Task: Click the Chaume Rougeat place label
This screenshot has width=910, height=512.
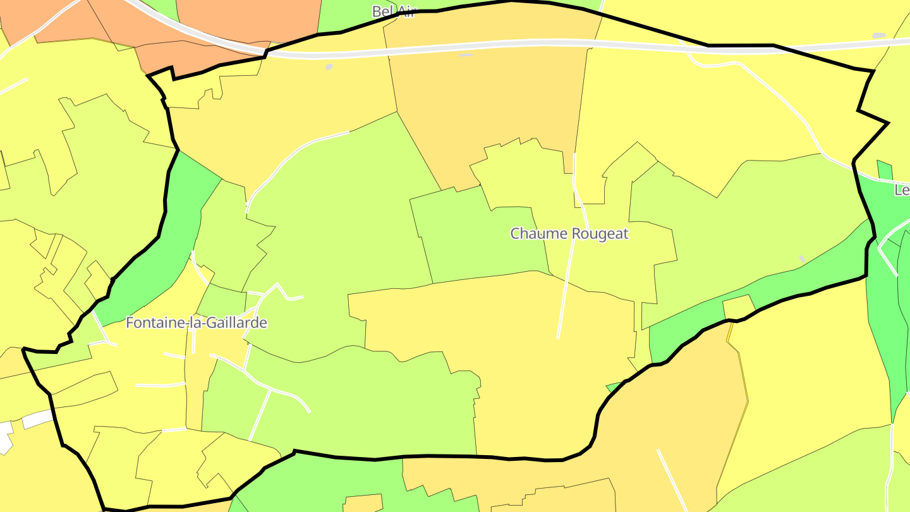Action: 569,233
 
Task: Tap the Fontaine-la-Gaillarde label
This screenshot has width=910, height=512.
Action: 196,323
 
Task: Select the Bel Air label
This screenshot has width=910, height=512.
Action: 393,11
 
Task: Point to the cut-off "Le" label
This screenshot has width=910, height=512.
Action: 902,190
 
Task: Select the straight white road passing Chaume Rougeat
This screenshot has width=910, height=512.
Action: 566,284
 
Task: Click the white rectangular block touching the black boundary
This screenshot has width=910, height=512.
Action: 38,419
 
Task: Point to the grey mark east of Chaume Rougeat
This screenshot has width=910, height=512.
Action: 803,259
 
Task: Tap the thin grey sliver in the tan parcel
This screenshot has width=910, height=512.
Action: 465,55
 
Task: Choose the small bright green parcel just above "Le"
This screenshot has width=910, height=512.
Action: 885,170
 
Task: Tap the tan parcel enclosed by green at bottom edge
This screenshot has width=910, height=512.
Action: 363,503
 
